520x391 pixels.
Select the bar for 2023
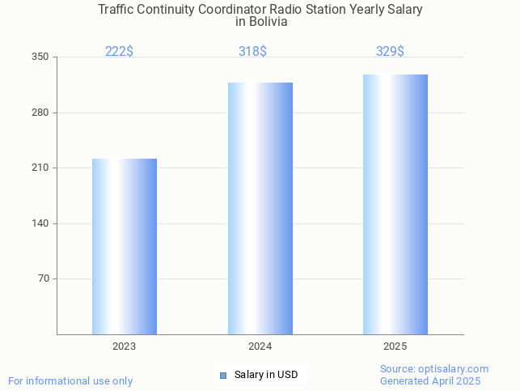(x=125, y=246)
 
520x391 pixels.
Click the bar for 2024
(x=260, y=208)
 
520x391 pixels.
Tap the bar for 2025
(x=395, y=204)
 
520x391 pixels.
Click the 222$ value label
(x=119, y=52)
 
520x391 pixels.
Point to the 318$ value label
(x=252, y=52)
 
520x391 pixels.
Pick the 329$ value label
(x=390, y=52)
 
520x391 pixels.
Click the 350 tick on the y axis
(x=40, y=57)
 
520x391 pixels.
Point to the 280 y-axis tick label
(x=40, y=113)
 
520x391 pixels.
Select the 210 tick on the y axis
(x=40, y=168)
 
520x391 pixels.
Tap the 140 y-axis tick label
(x=40, y=223)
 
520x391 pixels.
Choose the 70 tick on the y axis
(x=43, y=278)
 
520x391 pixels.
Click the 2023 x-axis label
(x=124, y=346)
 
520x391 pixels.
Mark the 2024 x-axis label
(x=260, y=346)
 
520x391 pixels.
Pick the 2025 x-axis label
(x=395, y=346)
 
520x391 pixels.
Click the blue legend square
(x=223, y=375)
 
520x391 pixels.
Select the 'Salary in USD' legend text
(x=266, y=375)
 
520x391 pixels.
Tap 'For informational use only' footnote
(x=70, y=380)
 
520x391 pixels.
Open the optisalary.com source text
(x=434, y=369)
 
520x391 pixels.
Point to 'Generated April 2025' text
(x=430, y=381)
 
